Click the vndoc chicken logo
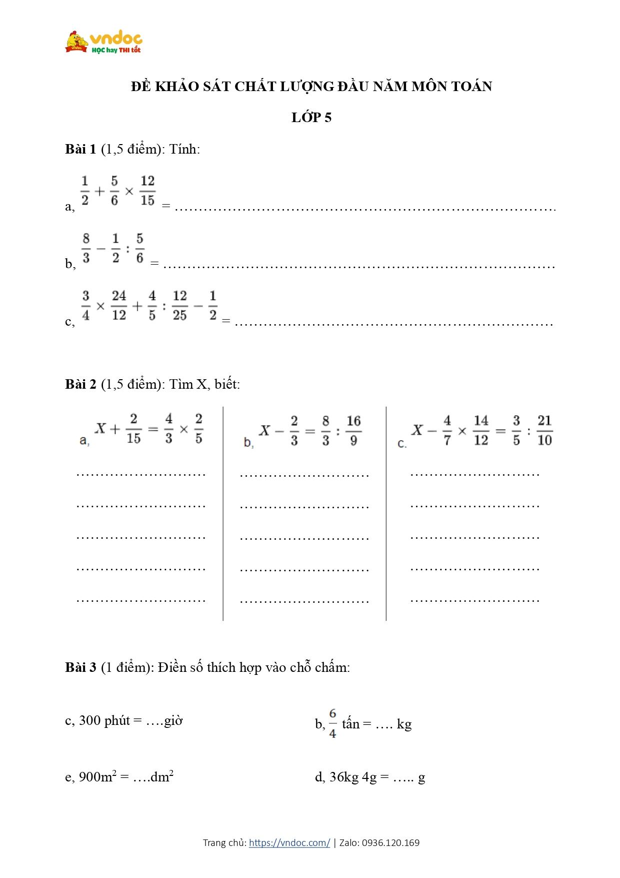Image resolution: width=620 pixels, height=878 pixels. pos(76,42)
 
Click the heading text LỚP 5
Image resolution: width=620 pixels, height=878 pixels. pos(311,118)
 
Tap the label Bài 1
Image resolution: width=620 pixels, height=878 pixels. pos(80,149)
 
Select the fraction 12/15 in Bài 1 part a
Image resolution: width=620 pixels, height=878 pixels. pos(147,191)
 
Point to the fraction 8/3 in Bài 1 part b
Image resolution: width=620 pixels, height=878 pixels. pos(86,248)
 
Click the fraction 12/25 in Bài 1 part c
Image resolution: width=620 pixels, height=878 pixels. pos(179,306)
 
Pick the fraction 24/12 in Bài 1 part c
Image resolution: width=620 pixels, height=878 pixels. pos(119,306)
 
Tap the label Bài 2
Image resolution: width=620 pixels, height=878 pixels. pos(80,384)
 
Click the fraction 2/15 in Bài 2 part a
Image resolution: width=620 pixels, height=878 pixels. pos(133,429)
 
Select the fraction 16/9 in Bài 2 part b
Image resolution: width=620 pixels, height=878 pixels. pos(353,430)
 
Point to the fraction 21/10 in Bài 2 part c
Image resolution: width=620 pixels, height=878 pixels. pos(544,430)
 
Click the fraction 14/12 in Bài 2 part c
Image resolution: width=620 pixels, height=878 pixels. pos(481,430)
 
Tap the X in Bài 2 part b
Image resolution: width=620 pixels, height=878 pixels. pos(265,430)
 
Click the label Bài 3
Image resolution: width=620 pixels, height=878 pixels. pos(80,667)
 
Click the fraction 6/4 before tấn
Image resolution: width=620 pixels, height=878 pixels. pos(332,723)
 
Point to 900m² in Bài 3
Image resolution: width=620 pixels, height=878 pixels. pos(98,777)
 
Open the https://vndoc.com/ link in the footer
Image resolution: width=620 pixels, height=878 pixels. pos(289,843)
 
